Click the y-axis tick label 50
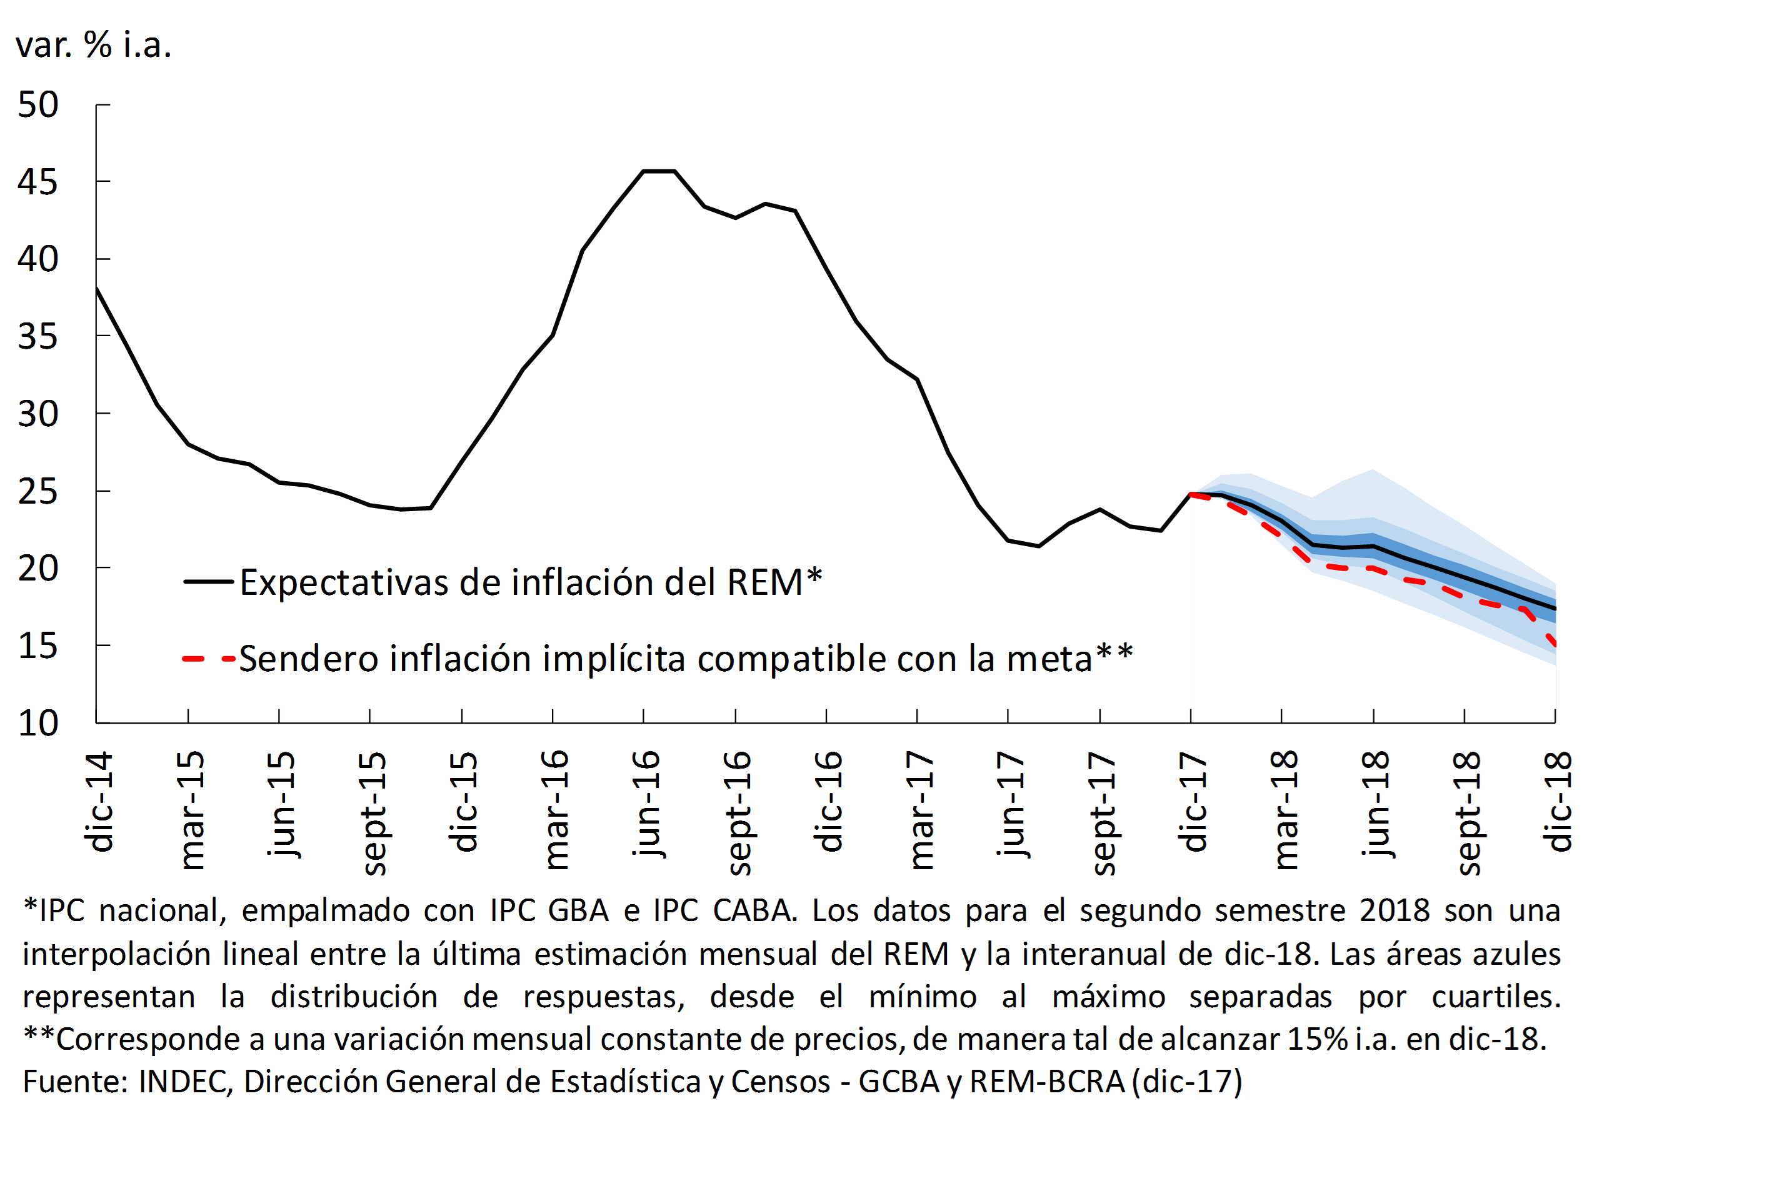[x=38, y=105]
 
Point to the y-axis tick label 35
[x=38, y=337]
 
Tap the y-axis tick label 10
[x=38, y=723]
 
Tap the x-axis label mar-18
[x=1284, y=809]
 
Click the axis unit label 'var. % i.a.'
[x=93, y=45]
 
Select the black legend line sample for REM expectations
[x=208, y=582]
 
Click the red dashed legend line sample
[x=208, y=659]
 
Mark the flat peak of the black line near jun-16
[x=659, y=171]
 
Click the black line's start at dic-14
[x=97, y=287]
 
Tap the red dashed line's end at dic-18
[x=1555, y=644]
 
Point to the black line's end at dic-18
[x=1555, y=608]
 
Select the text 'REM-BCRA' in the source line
[x=1046, y=1082]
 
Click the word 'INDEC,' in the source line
[x=186, y=1082]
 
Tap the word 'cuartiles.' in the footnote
[x=1496, y=997]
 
